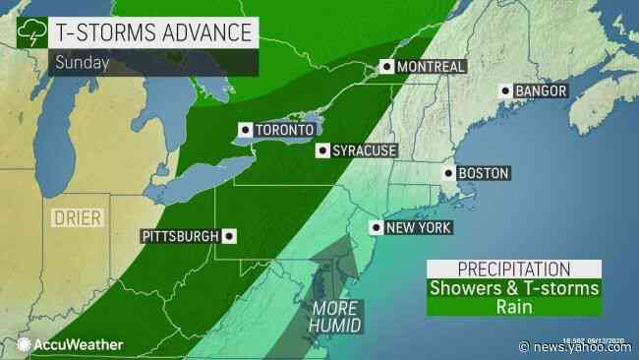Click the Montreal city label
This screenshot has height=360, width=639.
coord(431,67)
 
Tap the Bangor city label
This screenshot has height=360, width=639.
coord(538,92)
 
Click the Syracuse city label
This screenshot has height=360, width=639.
coord(364,150)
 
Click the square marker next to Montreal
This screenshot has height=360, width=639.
coord(388,67)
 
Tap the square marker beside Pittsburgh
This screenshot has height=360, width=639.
coord(229,236)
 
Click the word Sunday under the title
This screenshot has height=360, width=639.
coord(76,63)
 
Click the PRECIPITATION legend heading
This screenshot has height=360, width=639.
coord(513,269)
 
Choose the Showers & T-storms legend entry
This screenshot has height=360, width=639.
coord(513,288)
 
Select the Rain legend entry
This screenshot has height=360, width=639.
coord(513,308)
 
